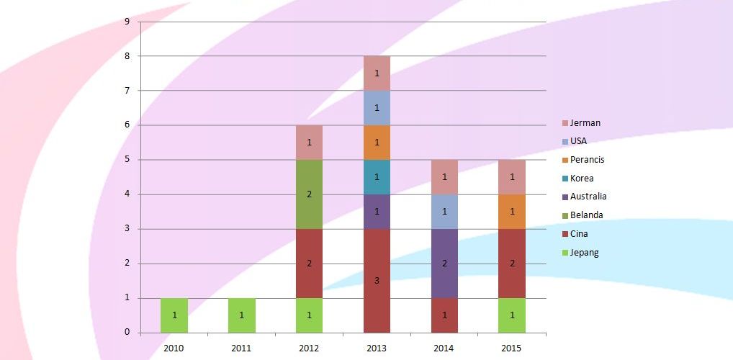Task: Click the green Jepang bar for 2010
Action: click(x=174, y=315)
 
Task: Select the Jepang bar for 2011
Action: click(x=242, y=315)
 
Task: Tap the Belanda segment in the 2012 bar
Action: click(x=309, y=194)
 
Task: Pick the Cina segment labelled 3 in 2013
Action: click(x=377, y=281)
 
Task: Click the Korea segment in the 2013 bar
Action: click(x=377, y=177)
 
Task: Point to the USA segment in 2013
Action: click(x=377, y=108)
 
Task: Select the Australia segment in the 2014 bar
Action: click(x=444, y=264)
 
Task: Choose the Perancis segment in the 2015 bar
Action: click(x=512, y=212)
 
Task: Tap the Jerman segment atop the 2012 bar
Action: click(x=309, y=143)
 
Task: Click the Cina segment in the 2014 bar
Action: click(x=444, y=315)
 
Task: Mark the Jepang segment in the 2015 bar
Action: click(x=512, y=315)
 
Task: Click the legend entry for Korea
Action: click(x=582, y=178)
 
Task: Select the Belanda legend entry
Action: click(x=586, y=215)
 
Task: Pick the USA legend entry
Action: click(x=578, y=141)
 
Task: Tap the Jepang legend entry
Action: click(x=584, y=252)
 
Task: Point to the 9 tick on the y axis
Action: click(x=127, y=22)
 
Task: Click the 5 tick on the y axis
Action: click(x=127, y=160)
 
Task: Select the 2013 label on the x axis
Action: click(x=377, y=348)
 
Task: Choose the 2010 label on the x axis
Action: click(x=174, y=348)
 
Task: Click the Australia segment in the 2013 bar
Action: click(x=377, y=212)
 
